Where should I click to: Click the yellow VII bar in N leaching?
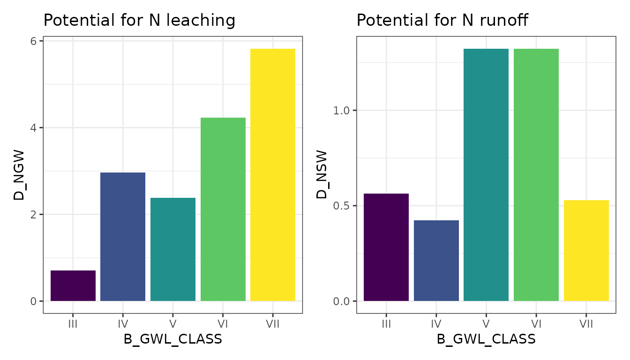(273, 175)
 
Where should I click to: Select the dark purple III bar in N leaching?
(73, 286)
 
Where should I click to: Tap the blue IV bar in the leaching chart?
(123, 237)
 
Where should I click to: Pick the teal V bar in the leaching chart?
(173, 249)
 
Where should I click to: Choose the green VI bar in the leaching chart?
(223, 210)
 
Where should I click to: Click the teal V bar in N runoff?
(486, 175)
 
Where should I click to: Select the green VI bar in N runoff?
(536, 175)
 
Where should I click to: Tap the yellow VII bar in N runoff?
(586, 251)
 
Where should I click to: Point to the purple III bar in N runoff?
(386, 247)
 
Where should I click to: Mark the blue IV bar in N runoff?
(436, 261)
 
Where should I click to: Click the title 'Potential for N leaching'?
(139, 20)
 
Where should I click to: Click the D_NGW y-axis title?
(19, 175)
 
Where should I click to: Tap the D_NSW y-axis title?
(322, 175)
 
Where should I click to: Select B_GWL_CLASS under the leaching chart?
(173, 339)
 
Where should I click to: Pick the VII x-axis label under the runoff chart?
(586, 323)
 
